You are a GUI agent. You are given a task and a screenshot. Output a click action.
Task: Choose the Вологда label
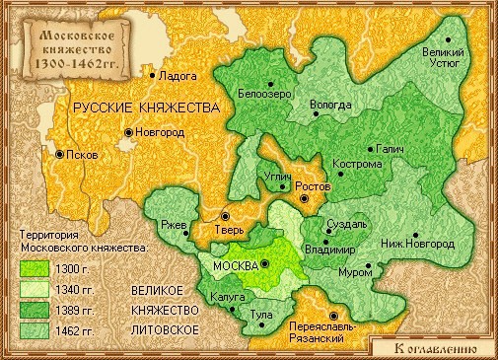[x=329, y=104]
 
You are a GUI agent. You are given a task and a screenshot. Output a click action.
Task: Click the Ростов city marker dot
[x=304, y=198]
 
